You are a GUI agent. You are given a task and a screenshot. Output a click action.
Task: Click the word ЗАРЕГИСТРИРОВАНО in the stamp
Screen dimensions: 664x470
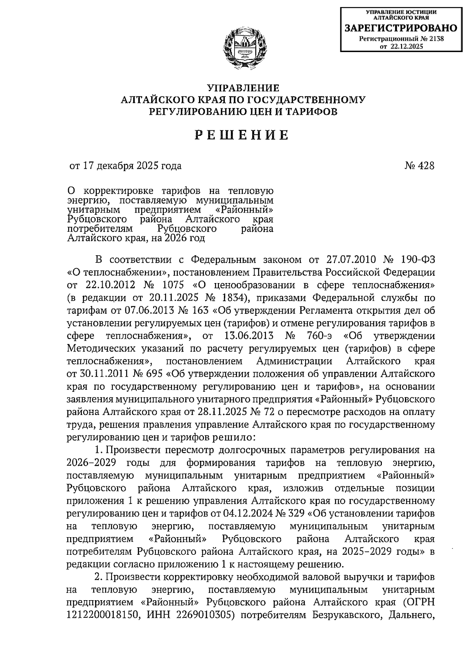click(x=400, y=28)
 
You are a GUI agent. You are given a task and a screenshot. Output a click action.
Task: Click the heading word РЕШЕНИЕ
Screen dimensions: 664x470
click(x=242, y=135)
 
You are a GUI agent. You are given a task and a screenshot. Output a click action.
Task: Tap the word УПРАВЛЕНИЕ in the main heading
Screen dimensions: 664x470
click(x=243, y=88)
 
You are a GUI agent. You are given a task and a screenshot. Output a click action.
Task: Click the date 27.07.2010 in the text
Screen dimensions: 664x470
click(x=351, y=260)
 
